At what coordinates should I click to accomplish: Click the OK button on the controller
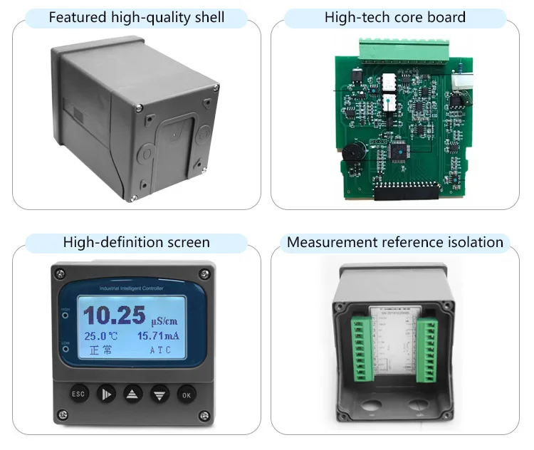coord(186,394)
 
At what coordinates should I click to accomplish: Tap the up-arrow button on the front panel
coord(133,394)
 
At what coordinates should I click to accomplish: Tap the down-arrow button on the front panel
coord(159,394)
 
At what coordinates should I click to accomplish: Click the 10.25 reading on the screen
coord(111,315)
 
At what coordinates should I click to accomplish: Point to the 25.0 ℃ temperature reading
coord(101,335)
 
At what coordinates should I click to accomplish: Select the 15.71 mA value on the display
coord(159,335)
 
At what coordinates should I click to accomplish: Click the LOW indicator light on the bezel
coord(66,347)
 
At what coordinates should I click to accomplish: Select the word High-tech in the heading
coord(355,17)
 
